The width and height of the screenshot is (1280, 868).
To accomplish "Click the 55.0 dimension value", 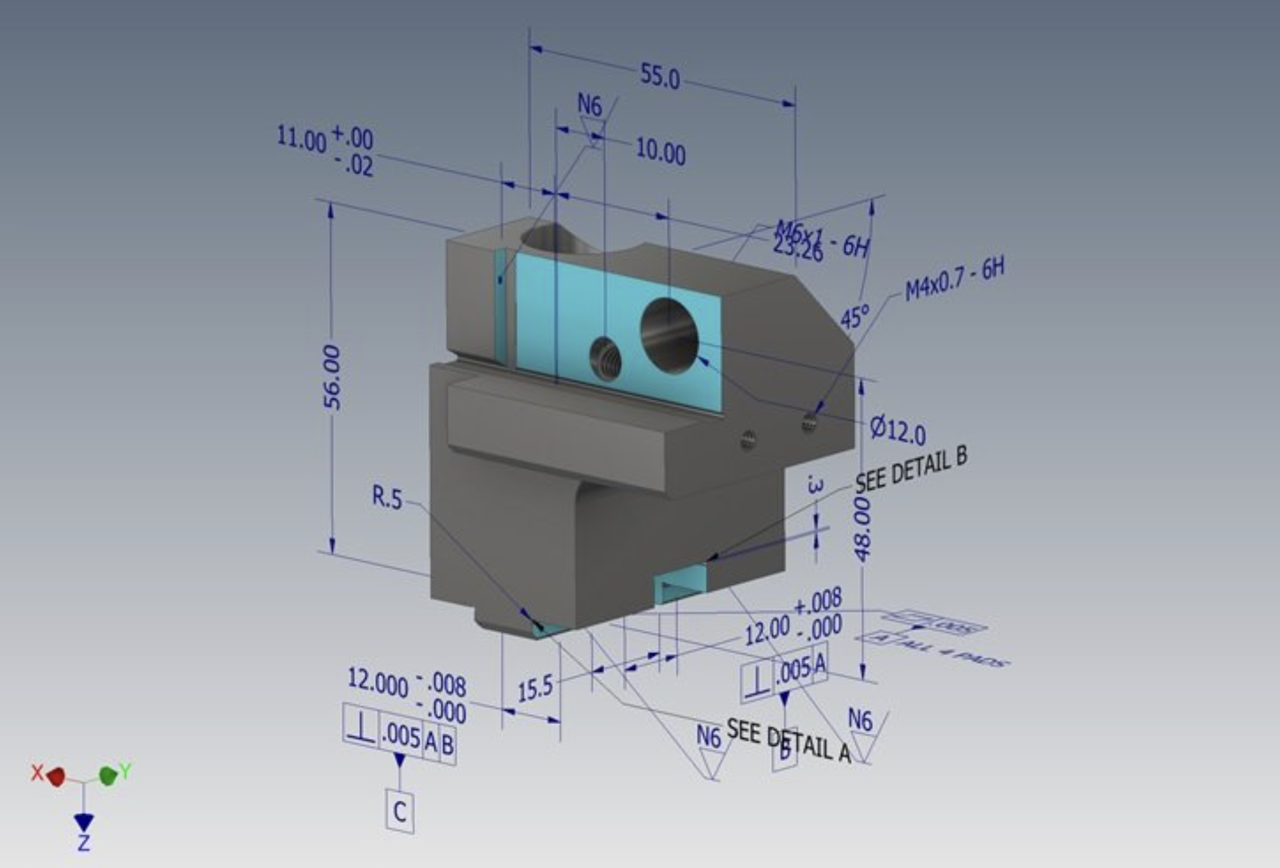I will pos(660,77).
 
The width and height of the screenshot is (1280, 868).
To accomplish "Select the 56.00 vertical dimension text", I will pos(332,377).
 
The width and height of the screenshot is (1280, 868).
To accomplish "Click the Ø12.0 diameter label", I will pos(897,430).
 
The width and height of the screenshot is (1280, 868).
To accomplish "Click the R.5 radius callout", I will pos(387,498).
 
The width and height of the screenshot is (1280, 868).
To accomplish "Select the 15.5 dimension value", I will pos(535,688).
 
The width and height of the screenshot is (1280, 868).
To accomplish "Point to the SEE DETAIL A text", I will pos(788,741).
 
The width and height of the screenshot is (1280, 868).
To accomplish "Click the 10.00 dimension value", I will pos(660,151).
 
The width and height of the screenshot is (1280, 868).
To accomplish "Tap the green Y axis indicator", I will pos(108,776).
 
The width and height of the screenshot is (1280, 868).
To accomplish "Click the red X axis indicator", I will pos(56,777).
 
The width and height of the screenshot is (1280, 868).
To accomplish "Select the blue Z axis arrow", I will pos(84,823).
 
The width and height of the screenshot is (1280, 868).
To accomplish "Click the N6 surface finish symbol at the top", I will pos(590,106).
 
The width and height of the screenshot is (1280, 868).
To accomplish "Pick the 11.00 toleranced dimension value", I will pos(301,140).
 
